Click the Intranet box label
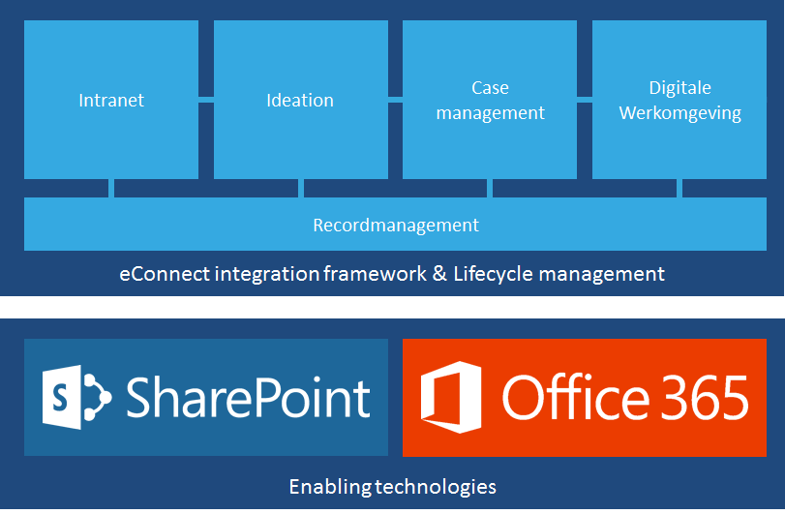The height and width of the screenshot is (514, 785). (111, 100)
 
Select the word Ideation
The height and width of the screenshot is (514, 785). (300, 100)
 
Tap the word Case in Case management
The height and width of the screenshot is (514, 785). (490, 87)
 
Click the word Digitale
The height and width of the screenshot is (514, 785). (679, 88)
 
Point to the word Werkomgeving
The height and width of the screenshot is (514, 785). (679, 113)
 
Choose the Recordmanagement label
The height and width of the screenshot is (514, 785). (396, 226)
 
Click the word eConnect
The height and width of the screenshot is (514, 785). (165, 274)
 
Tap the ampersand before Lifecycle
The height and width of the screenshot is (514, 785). (439, 274)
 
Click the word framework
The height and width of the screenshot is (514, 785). (375, 274)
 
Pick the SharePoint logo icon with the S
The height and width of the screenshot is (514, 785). (77, 398)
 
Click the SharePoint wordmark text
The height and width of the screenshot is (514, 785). (249, 398)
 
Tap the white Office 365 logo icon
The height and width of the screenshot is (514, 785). (451, 398)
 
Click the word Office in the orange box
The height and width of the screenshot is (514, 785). (576, 397)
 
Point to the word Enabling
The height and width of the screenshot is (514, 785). (330, 487)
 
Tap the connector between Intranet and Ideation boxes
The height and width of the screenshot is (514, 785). (206, 100)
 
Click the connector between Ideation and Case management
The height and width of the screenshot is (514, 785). (395, 100)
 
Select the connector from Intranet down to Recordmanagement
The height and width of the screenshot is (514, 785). (111, 188)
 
